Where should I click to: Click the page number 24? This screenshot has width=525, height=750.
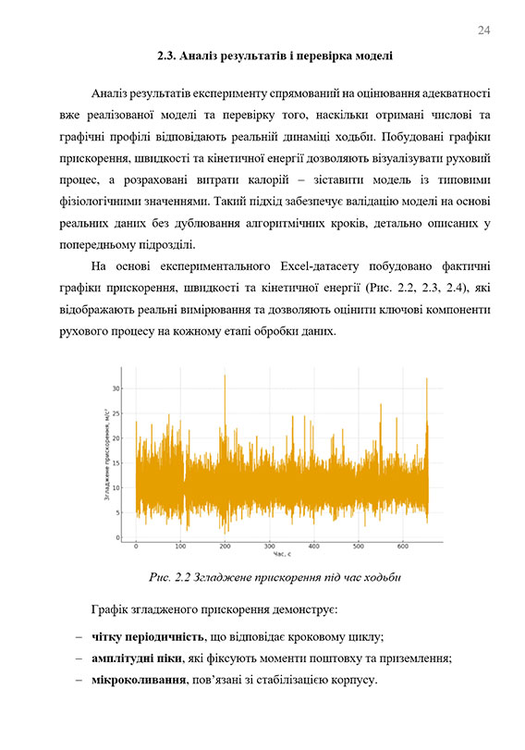point(483,31)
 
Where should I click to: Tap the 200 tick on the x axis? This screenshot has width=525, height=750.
point(225,547)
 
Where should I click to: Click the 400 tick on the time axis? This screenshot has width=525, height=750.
point(314,547)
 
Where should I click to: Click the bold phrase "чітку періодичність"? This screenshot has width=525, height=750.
point(146,637)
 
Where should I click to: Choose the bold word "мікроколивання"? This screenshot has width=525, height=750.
point(135,681)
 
